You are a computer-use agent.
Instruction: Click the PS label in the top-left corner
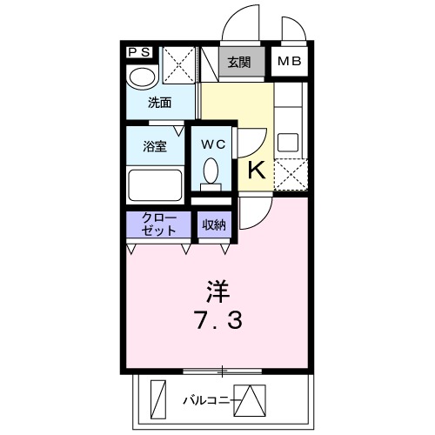[x=138, y=52]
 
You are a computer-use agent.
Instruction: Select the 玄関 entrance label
[x=239, y=62]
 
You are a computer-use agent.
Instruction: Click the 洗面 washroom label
[x=158, y=103]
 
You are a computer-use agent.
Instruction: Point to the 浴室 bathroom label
[x=155, y=146]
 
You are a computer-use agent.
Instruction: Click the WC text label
[x=214, y=145]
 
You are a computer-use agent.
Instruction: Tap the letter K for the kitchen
[x=257, y=170]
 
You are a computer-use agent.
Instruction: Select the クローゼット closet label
[x=158, y=224]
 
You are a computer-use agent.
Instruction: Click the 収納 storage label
[x=214, y=224]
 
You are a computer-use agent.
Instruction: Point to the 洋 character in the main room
[x=217, y=287]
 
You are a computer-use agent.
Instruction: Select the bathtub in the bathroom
[x=155, y=184]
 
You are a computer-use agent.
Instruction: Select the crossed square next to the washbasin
[x=178, y=64]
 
